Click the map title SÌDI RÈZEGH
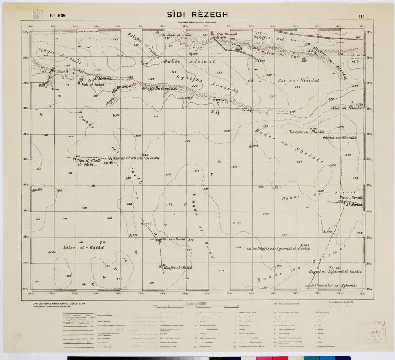tap(198, 15)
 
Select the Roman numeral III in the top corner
tap(362, 16)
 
